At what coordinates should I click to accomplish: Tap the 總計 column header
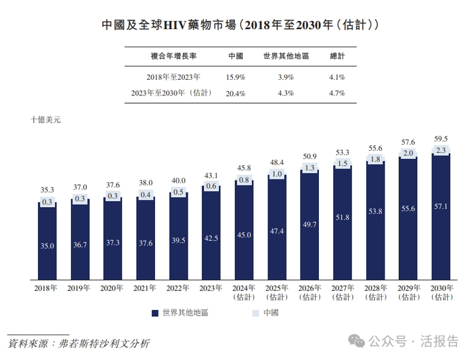tap(337, 55)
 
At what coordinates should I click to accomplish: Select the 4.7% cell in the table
tap(337, 93)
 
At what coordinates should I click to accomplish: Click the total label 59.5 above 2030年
tap(441, 139)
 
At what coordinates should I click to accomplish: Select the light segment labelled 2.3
tap(441, 150)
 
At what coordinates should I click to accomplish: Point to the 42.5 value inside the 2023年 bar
tap(212, 238)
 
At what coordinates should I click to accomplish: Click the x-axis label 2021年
tap(146, 288)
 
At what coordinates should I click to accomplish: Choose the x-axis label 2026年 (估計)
tap(309, 292)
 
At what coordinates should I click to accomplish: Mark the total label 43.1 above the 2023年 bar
tap(212, 176)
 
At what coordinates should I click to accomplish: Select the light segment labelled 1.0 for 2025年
tap(278, 174)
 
